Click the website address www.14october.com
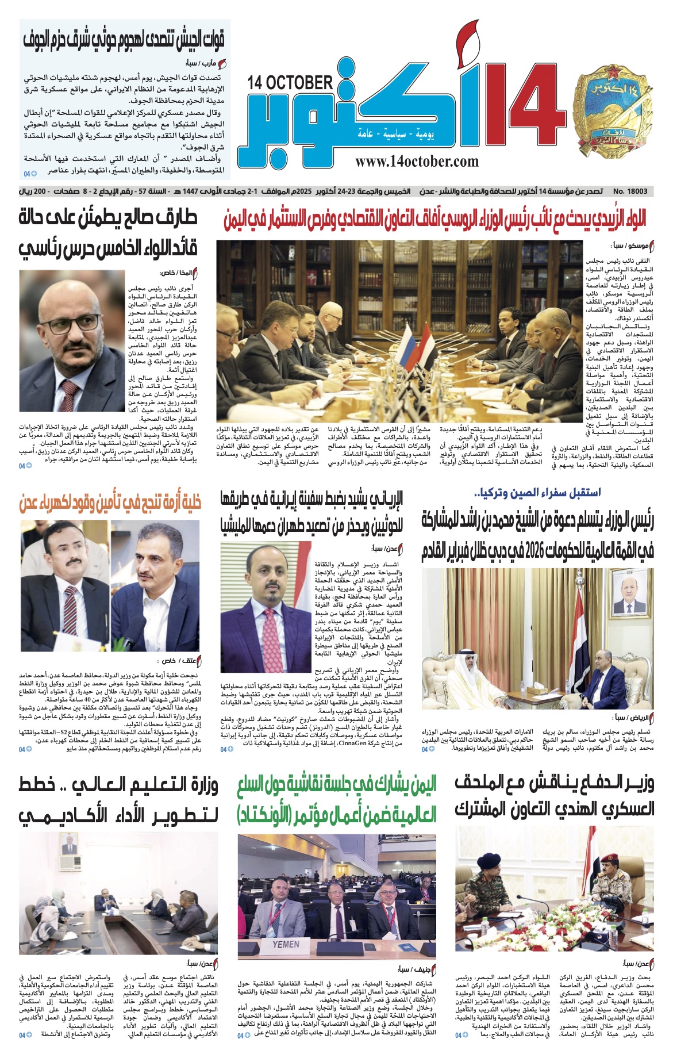coord(417,162)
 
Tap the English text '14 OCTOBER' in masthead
coord(290,82)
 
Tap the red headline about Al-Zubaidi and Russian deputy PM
coord(435,218)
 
